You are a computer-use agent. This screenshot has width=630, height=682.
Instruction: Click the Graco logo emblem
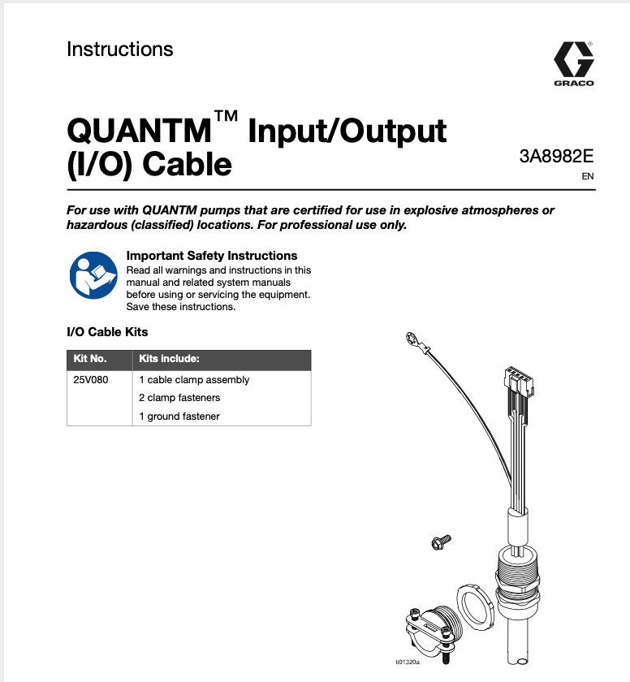(x=573, y=59)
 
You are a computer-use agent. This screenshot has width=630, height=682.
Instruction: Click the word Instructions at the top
(x=120, y=50)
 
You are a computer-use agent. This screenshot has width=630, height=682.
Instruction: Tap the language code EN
(x=588, y=176)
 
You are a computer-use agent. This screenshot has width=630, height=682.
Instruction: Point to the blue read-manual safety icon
(x=92, y=274)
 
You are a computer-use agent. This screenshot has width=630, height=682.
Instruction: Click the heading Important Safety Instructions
(x=212, y=256)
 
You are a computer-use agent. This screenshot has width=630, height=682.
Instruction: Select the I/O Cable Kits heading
(x=107, y=332)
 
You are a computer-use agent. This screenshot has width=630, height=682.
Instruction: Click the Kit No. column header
(x=90, y=359)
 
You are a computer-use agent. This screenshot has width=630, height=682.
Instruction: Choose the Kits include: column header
(x=169, y=359)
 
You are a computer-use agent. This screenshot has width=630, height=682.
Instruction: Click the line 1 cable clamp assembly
(x=194, y=380)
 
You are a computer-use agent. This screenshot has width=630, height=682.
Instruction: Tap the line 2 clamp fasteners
(x=179, y=398)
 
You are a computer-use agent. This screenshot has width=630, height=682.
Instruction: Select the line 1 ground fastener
(x=179, y=417)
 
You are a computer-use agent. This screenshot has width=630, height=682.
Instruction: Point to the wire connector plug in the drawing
(x=517, y=378)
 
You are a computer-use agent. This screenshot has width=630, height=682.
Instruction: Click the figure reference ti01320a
(x=408, y=662)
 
